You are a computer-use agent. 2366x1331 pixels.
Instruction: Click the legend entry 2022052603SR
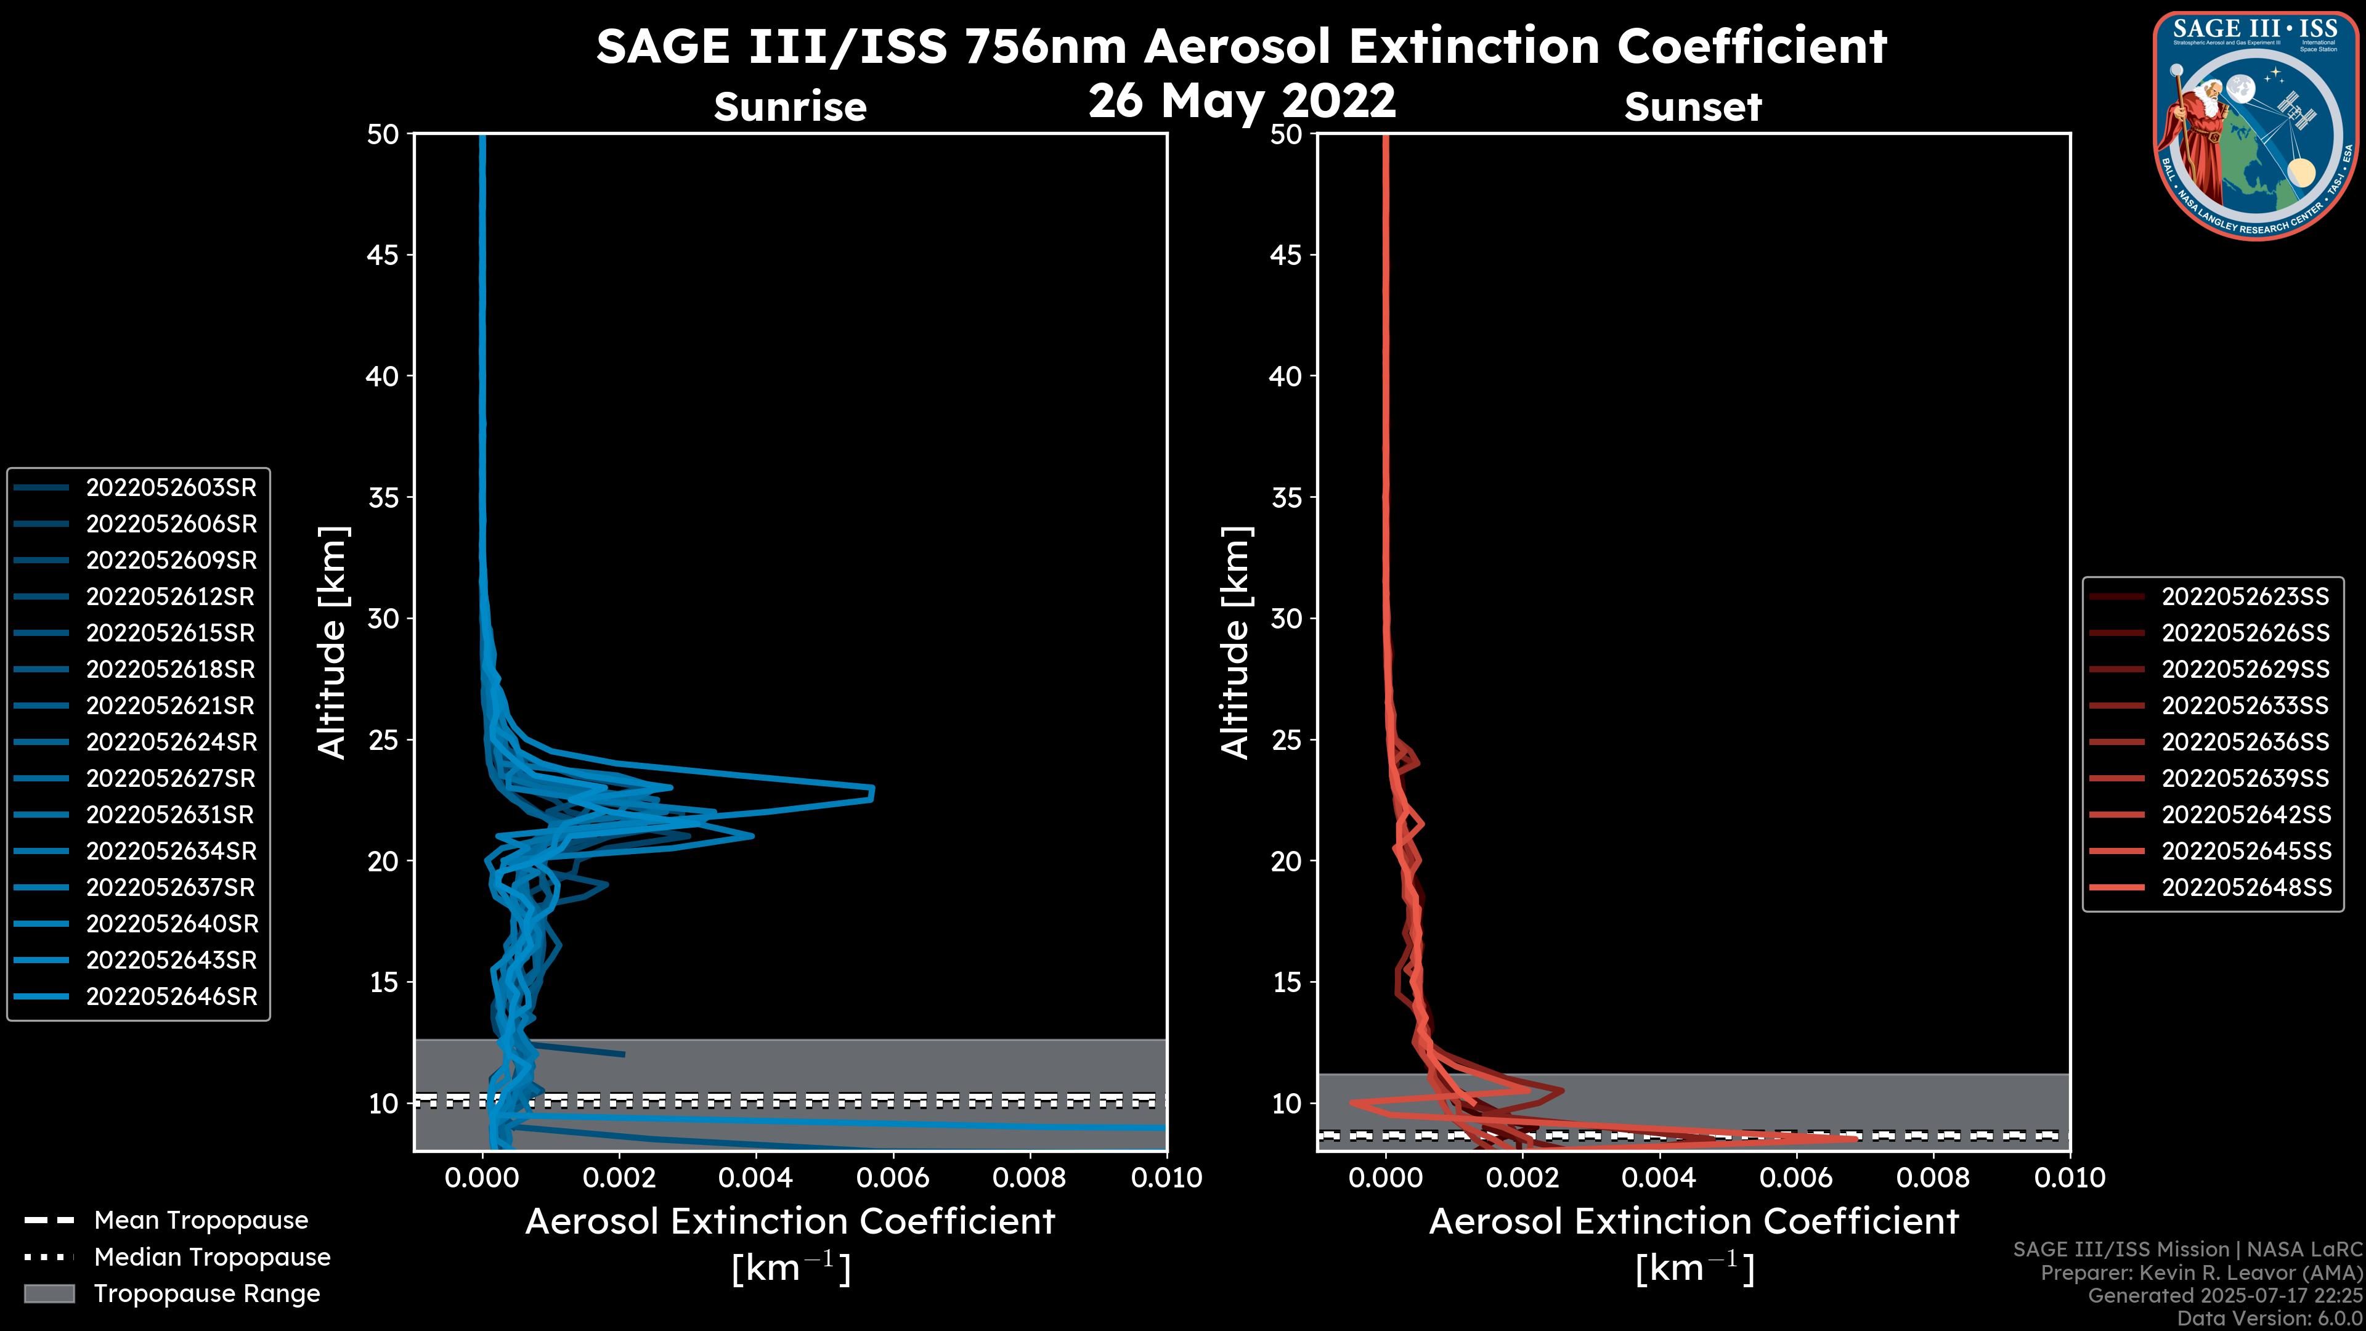[x=171, y=488]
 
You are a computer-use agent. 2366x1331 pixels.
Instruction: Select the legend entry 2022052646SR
[x=171, y=996]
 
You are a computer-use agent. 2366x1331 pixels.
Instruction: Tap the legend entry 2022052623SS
[x=2245, y=597]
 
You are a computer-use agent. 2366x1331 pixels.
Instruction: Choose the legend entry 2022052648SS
[x=2245, y=887]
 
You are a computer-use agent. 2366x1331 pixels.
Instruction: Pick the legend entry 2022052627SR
[x=171, y=779]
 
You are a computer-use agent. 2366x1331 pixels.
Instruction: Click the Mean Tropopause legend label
[x=201, y=1220]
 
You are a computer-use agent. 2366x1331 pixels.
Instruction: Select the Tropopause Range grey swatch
[x=49, y=1293]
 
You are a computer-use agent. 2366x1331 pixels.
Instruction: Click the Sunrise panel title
[x=790, y=107]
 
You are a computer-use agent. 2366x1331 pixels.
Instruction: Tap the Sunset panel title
[x=1693, y=107]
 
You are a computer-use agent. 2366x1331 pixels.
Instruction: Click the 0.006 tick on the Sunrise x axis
[x=891, y=1178]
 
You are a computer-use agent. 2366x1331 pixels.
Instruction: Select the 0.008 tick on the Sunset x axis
[x=1933, y=1178]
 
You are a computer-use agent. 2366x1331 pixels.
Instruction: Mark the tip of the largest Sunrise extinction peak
[x=872, y=792]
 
